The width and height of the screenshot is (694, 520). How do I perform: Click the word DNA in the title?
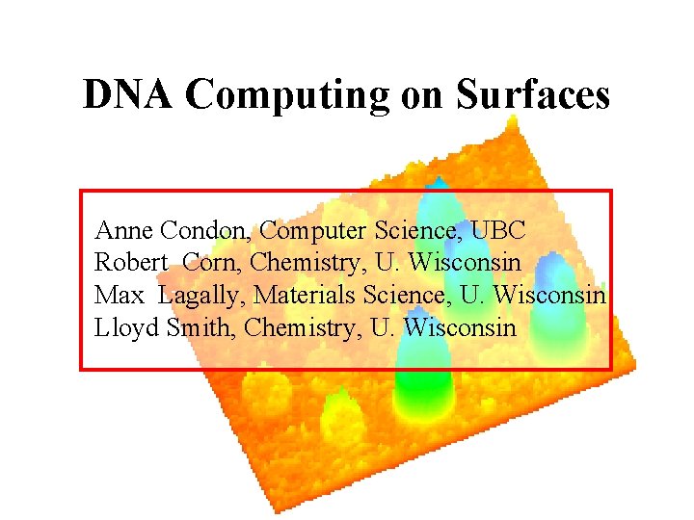[128, 94]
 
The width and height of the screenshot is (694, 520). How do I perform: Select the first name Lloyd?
[127, 327]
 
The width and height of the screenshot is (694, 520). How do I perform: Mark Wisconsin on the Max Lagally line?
[549, 295]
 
